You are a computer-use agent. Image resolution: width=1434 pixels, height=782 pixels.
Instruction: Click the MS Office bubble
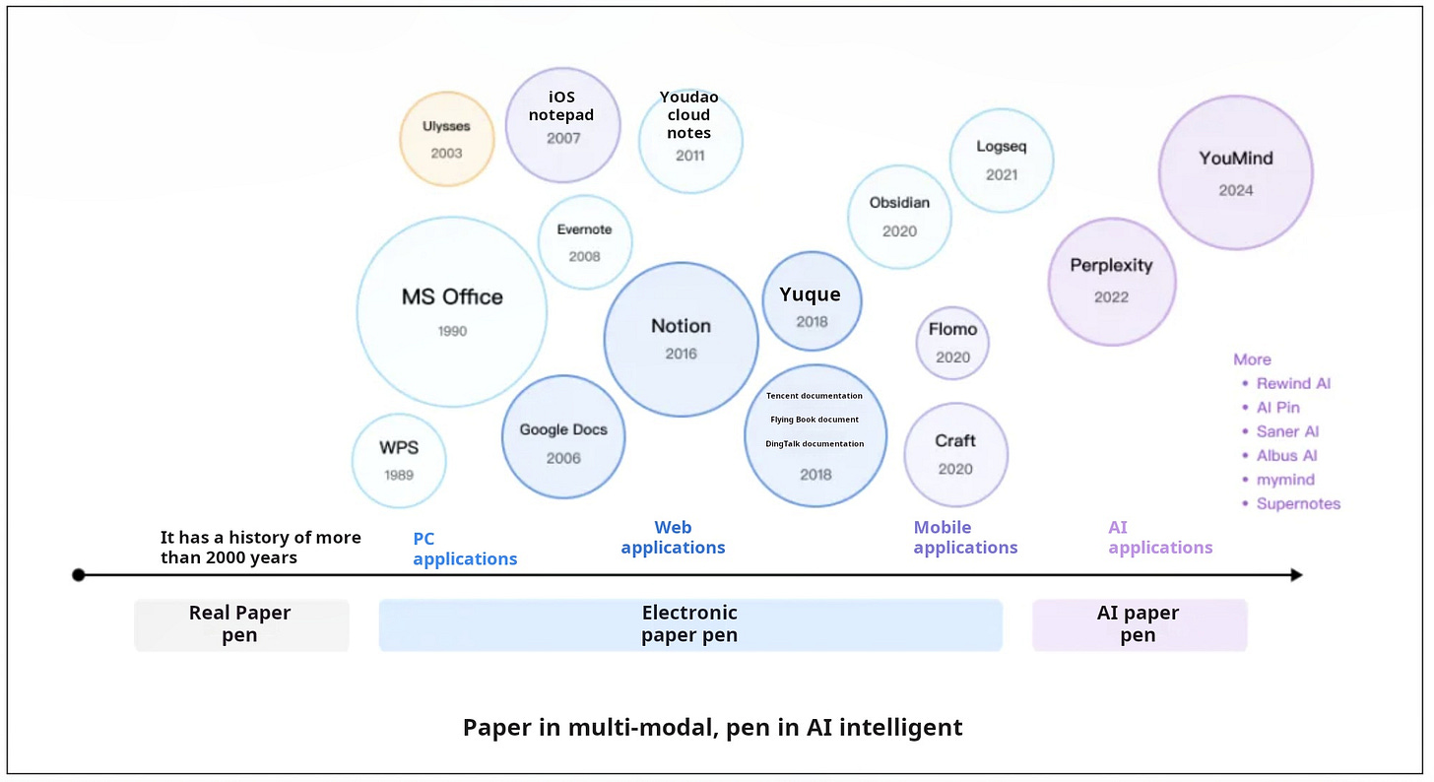451,311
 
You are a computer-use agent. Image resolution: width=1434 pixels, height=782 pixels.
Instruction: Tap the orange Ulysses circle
446,139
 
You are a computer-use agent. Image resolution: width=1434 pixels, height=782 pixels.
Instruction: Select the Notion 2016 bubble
681,339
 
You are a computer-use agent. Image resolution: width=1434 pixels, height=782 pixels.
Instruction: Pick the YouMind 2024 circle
1235,172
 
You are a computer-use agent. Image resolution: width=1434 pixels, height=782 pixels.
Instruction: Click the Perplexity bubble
1111,281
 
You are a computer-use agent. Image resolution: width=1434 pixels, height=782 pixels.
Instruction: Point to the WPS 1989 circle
399,460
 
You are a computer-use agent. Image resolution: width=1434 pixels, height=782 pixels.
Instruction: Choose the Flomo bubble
952,343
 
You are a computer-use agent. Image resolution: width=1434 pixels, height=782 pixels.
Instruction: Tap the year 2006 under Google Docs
563,458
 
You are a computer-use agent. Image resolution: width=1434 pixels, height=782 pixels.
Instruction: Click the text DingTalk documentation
815,444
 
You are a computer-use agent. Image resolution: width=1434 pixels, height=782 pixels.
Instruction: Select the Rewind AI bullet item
1293,383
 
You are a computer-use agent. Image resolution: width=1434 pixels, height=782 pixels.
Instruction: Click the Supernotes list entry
1298,503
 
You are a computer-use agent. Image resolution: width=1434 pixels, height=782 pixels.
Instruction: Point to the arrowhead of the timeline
1297,574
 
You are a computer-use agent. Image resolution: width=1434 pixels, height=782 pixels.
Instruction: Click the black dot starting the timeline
79,574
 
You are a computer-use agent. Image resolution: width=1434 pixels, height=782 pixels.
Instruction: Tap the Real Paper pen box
241,624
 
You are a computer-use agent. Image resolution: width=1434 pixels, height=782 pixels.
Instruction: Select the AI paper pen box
1139,624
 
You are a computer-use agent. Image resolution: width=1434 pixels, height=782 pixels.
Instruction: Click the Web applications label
673,538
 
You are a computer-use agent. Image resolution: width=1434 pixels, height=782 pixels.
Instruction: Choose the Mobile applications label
964,538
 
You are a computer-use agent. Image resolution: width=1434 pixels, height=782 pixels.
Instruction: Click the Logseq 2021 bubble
1002,160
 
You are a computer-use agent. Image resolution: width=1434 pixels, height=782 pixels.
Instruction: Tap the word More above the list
1252,359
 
